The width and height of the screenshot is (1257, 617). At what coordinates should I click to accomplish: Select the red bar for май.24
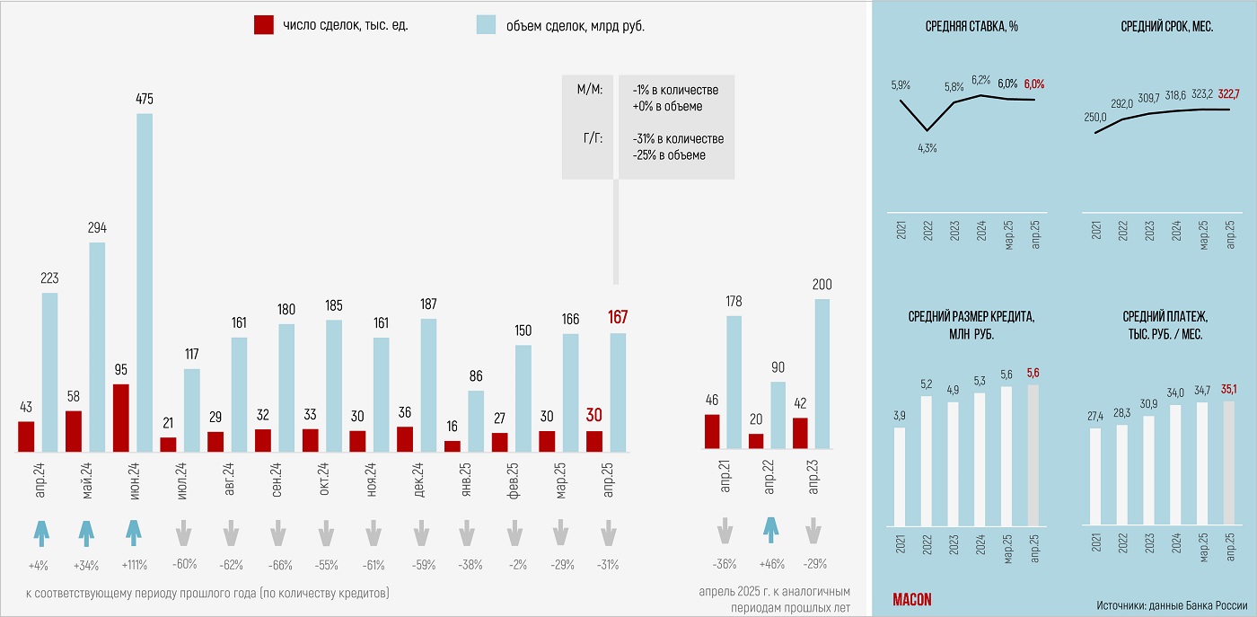[74, 431]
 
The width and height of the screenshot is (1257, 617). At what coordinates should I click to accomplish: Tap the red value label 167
[618, 317]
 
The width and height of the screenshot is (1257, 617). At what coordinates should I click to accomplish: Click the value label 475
[145, 98]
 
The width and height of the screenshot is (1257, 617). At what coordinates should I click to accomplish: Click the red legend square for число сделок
[264, 25]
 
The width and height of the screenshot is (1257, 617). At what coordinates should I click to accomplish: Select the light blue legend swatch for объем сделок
[485, 25]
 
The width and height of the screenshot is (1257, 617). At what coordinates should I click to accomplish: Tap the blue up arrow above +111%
[134, 533]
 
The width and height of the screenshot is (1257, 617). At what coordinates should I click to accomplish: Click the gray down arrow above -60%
[183, 533]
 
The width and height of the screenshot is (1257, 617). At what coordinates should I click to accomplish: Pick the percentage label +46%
[769, 565]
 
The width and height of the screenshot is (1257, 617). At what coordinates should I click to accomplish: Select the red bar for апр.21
[712, 432]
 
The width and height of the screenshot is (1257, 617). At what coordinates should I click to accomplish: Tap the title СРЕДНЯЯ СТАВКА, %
[971, 27]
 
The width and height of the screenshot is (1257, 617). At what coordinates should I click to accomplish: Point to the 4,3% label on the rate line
[927, 148]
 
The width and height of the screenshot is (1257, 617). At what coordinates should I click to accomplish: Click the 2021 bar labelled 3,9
[900, 476]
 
